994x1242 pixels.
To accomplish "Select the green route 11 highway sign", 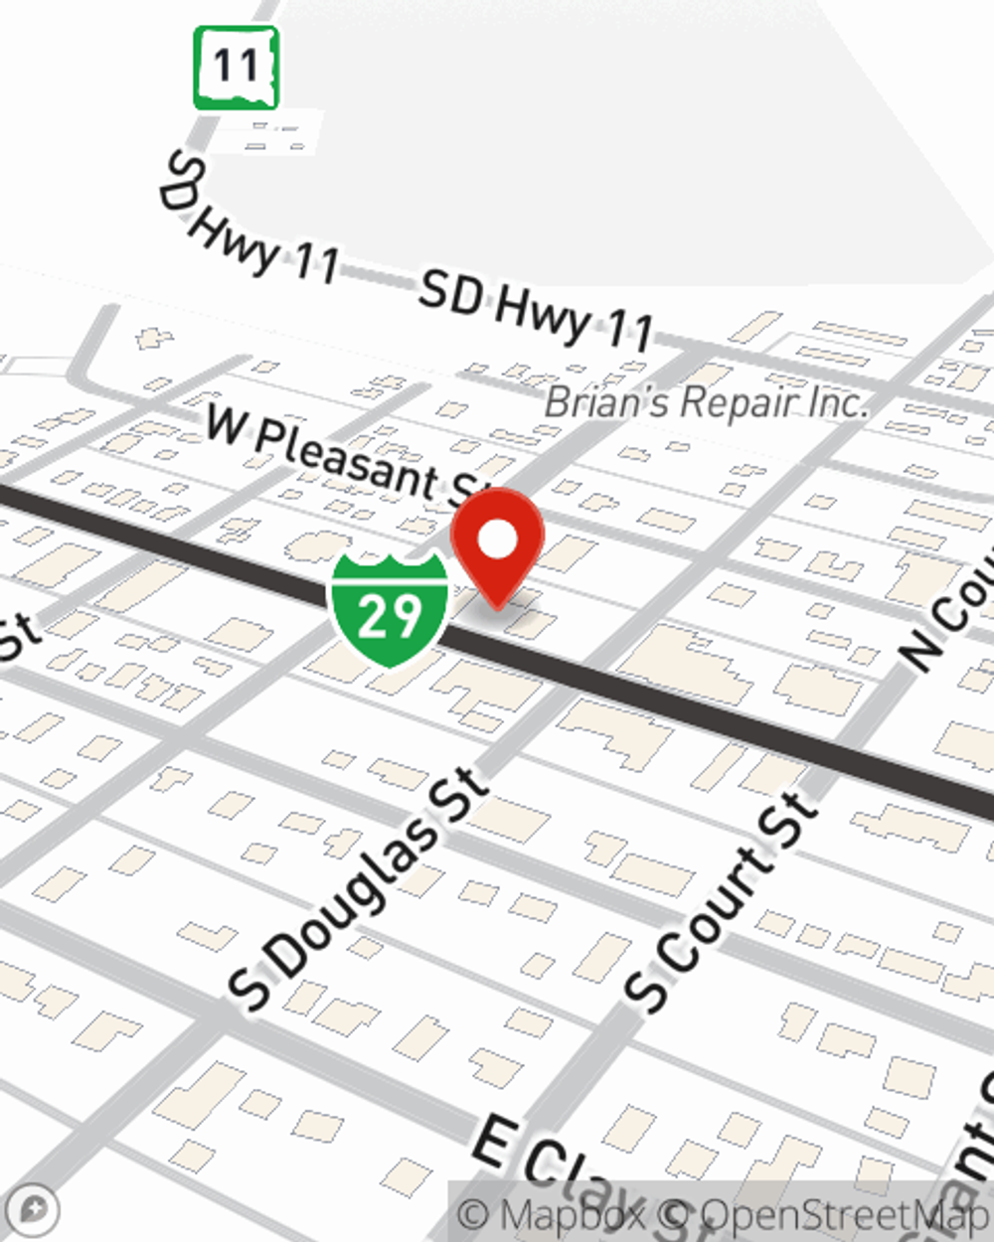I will coord(236,68).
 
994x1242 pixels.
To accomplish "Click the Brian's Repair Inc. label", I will coord(706,402).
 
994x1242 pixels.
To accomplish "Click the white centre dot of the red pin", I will coord(498,541).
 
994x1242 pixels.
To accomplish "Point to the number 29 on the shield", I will coord(389,616).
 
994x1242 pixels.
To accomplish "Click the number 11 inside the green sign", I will coord(236,67).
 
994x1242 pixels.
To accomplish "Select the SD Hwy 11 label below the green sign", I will coord(248,224).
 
